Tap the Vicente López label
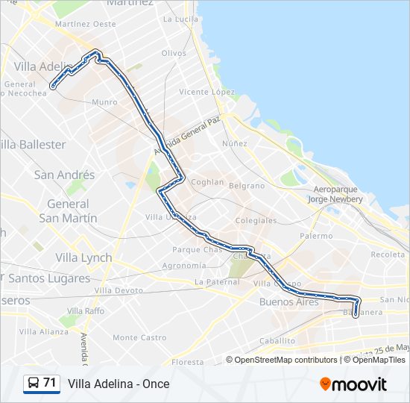tap(206, 92)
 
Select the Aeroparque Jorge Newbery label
tap(338, 195)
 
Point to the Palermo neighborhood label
tap(317, 236)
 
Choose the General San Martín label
tap(68, 210)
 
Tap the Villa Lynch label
tap(83, 257)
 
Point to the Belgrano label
tap(246, 185)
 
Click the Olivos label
tap(174, 53)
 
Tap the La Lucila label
tap(180, 19)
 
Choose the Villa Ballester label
tap(34, 144)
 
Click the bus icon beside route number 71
tap(34, 384)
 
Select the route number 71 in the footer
tap(50, 383)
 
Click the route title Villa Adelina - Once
tap(119, 384)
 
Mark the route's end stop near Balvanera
tap(355, 313)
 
